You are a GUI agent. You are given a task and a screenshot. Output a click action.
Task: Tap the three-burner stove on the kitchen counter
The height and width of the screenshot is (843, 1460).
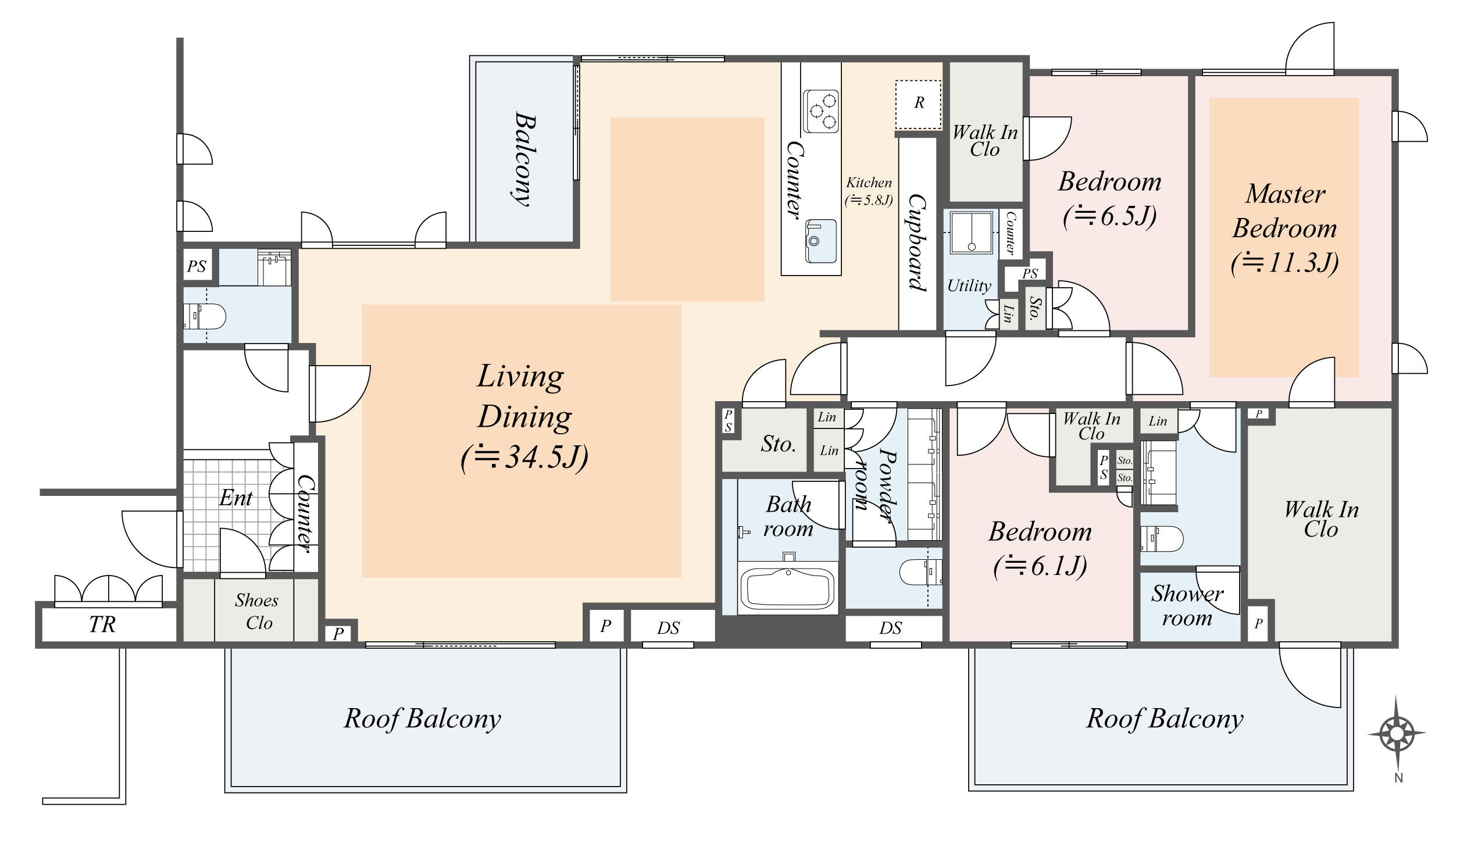click(821, 111)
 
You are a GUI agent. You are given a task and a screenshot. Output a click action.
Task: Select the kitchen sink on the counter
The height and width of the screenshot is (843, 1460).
click(821, 241)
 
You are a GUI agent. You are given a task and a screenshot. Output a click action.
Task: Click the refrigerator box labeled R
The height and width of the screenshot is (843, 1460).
click(918, 104)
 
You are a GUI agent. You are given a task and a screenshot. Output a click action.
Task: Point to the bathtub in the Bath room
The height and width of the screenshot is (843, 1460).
click(788, 589)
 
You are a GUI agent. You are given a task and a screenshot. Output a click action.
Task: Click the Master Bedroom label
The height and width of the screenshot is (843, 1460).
click(1284, 211)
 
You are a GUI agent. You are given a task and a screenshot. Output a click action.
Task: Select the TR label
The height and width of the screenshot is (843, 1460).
click(102, 624)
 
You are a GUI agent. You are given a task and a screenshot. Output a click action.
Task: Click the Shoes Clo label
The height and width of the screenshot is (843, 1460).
click(257, 611)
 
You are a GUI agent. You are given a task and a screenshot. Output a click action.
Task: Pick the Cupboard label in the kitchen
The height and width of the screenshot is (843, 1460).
click(917, 242)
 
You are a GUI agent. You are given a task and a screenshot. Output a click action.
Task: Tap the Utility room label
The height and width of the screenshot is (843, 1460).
click(969, 285)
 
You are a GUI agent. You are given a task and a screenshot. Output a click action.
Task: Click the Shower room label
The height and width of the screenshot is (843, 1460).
click(1187, 605)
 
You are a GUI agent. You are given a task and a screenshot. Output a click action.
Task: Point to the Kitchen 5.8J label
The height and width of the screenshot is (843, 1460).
click(869, 191)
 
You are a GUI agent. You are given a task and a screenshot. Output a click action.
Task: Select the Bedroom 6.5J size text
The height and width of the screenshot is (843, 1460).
click(1109, 216)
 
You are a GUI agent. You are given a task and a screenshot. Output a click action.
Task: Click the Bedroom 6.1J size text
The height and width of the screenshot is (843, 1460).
click(1040, 566)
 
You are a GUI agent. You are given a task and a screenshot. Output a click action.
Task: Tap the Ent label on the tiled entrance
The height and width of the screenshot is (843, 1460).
click(235, 498)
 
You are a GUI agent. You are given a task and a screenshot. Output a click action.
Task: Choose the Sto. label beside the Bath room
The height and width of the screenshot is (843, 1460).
click(779, 444)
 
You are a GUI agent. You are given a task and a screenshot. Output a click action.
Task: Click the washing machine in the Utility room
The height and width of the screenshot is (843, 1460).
click(971, 233)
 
